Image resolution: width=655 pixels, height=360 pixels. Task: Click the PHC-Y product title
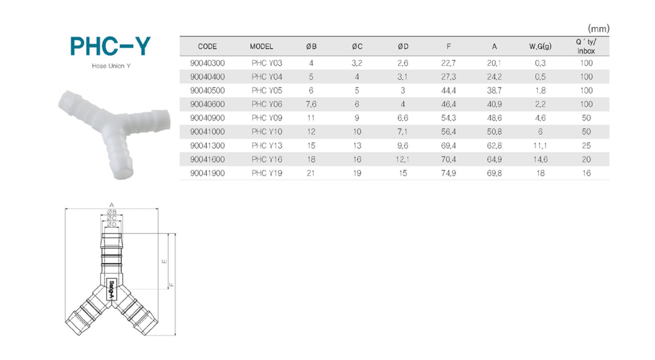pyautogui.click(x=110, y=46)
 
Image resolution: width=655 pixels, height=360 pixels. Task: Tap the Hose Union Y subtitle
pyautogui.click(x=111, y=66)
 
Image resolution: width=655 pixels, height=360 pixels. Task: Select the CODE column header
pyautogui.click(x=207, y=46)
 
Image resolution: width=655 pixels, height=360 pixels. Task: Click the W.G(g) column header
pyautogui.click(x=540, y=46)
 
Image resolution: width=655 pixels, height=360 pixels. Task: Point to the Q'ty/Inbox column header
pyautogui.click(x=586, y=46)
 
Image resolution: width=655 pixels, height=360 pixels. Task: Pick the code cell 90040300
pyautogui.click(x=207, y=63)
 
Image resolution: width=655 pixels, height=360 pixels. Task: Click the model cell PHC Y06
pyautogui.click(x=267, y=104)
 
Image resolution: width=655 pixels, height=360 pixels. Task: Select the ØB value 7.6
pyautogui.click(x=311, y=104)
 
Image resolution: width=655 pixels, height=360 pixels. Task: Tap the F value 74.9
pyautogui.click(x=448, y=173)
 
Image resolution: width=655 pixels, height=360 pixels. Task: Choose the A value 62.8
pyautogui.click(x=494, y=146)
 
